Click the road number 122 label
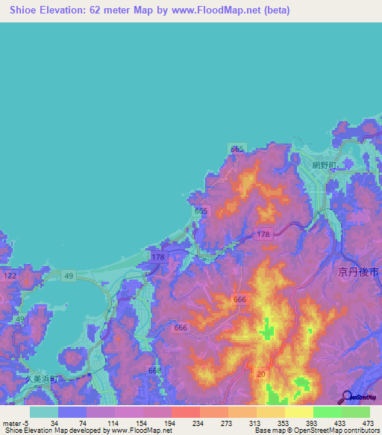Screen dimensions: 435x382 click(10, 277)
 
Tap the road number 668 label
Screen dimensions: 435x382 click(154, 370)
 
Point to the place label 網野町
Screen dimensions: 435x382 click(325, 164)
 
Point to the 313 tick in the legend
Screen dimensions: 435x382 click(255, 422)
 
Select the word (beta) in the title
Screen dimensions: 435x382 click(274, 10)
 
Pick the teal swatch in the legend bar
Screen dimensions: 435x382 click(44, 412)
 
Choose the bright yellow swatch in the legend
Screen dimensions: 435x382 click(299, 412)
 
